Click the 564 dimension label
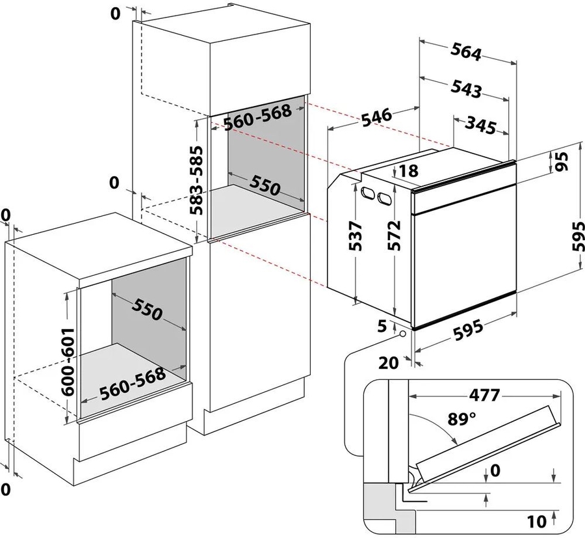[x=466, y=51]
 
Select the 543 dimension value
[x=466, y=88]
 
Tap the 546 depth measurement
[x=376, y=118]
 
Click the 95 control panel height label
[x=563, y=161]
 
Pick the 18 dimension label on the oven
[x=409, y=170]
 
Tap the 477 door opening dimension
[x=484, y=395]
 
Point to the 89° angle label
[x=462, y=419]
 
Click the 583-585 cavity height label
[x=196, y=180]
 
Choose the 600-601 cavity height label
[x=68, y=362]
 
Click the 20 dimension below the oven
[x=389, y=362]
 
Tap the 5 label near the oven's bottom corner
[x=382, y=326]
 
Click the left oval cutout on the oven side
[x=367, y=193]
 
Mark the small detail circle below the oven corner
[x=402, y=333]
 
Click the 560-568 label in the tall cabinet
[x=257, y=117]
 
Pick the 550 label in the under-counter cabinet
[x=147, y=309]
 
